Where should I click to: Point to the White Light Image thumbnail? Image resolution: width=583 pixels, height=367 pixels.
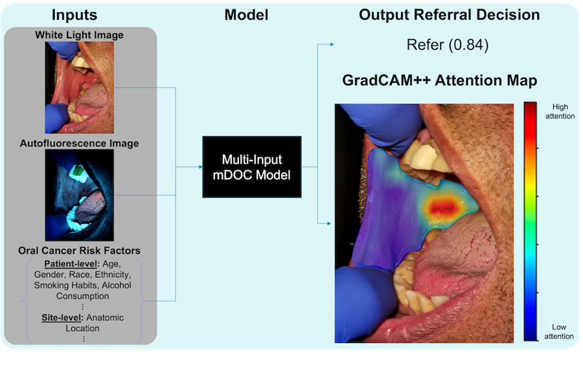(x=79, y=83)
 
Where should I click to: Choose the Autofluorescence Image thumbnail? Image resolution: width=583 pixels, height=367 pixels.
(x=79, y=195)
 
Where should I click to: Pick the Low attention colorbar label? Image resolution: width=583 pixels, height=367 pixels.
(x=558, y=331)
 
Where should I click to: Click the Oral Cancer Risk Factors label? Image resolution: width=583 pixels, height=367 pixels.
(x=79, y=250)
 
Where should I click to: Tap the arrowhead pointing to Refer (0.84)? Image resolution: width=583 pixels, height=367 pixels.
(x=332, y=45)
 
